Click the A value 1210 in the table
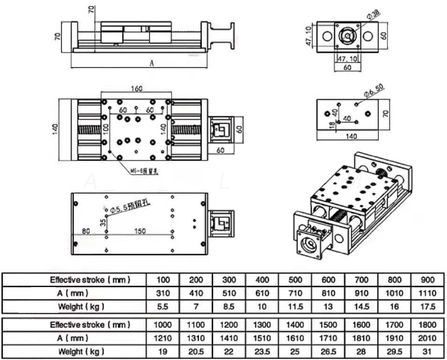pos(163,338)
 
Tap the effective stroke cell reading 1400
pos(295,325)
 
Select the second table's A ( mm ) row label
pos(77,338)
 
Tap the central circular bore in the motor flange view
pos(347,35)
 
